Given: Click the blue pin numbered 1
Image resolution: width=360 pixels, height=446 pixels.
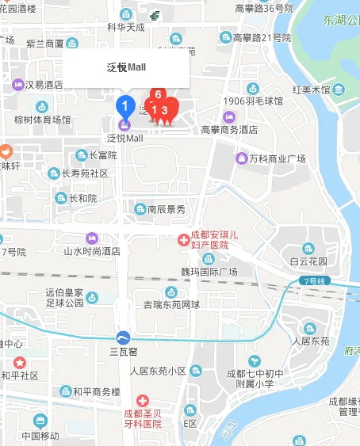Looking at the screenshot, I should (124, 104).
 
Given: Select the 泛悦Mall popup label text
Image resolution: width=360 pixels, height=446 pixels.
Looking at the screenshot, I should (127, 67).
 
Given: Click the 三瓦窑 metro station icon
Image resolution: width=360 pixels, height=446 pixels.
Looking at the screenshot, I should (123, 337).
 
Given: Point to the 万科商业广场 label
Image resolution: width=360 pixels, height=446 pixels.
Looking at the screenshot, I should (277, 159).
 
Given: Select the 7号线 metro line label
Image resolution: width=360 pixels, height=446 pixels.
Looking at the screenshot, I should (314, 280).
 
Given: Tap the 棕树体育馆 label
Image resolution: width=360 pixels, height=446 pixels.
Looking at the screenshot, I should (42, 120).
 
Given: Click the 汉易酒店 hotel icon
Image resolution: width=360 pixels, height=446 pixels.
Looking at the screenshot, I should (17, 84).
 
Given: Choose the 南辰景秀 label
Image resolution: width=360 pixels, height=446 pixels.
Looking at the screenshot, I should (166, 209).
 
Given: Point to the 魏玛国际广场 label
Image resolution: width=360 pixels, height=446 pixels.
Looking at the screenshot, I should (209, 272).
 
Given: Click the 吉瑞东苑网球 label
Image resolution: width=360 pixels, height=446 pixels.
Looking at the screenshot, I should (171, 303).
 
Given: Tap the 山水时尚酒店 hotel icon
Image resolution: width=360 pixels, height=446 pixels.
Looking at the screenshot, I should (91, 238).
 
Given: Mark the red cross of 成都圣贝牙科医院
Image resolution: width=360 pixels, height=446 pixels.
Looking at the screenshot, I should (143, 402).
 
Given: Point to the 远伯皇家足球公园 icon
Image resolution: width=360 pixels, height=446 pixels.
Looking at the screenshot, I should (92, 298).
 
